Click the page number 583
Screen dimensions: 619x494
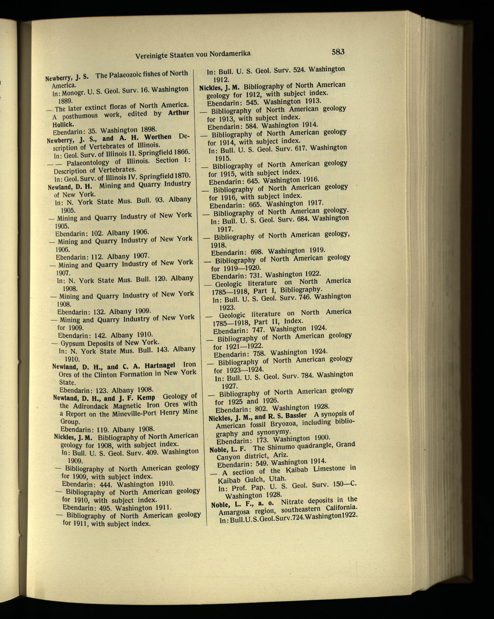(338, 52)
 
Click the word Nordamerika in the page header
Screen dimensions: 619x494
(230, 54)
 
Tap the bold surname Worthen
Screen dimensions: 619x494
(158, 137)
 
